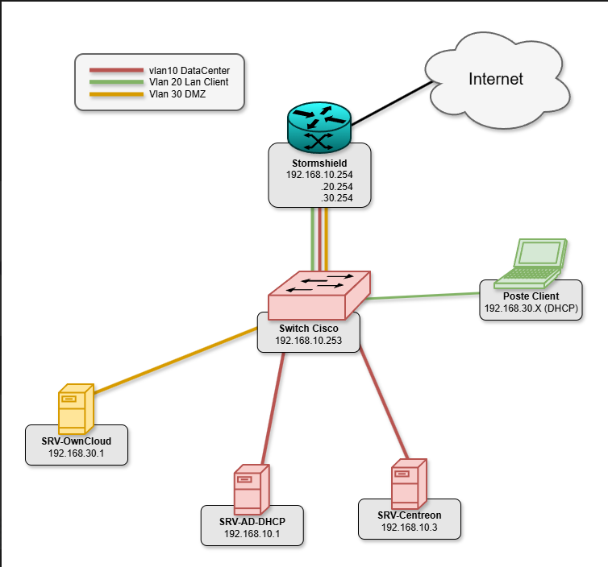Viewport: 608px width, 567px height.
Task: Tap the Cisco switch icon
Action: pyautogui.click(x=319, y=293)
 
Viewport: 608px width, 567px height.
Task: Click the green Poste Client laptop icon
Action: pyautogui.click(x=532, y=263)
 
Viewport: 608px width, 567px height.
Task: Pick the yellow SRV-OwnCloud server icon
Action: pyautogui.click(x=75, y=410)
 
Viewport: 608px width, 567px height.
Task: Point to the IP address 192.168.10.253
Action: pyautogui.click(x=308, y=341)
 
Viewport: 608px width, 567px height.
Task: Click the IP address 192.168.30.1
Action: pyautogui.click(x=76, y=454)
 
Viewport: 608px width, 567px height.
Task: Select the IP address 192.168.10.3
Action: pyautogui.click(x=409, y=528)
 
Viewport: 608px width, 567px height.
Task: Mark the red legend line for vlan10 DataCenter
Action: pyautogui.click(x=115, y=70)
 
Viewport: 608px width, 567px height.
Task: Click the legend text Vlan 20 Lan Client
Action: pyautogui.click(x=189, y=82)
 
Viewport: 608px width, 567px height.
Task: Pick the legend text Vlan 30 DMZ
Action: pyautogui.click(x=177, y=93)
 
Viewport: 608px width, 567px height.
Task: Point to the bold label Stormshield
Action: pyautogui.click(x=319, y=163)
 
